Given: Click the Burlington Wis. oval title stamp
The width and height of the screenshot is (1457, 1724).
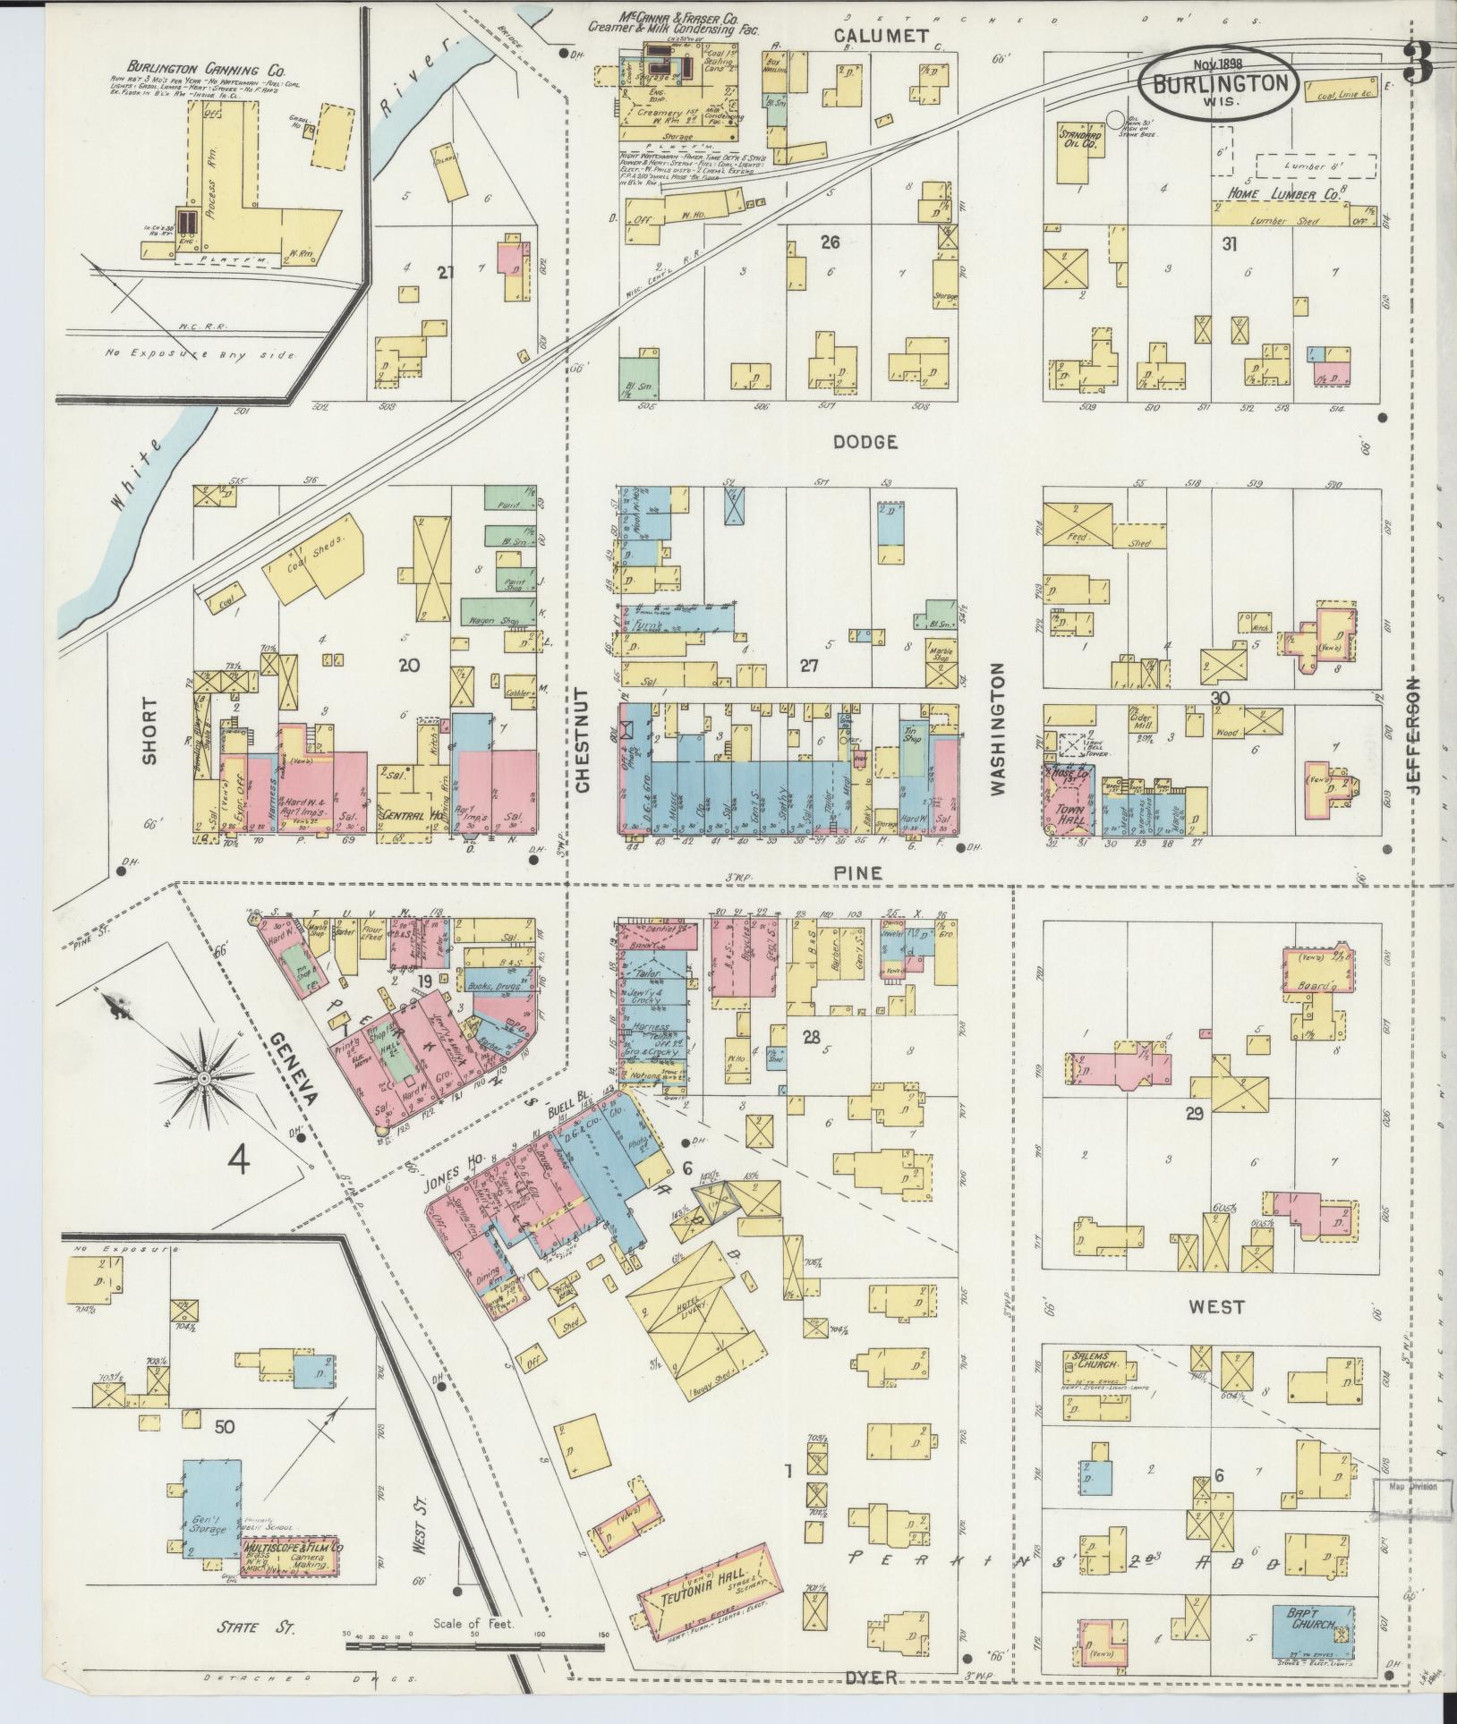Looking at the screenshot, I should (x=1217, y=81).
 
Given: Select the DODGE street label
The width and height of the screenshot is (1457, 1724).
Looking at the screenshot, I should (x=864, y=441).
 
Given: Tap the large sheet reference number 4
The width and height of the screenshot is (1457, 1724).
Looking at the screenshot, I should (x=238, y=1160).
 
